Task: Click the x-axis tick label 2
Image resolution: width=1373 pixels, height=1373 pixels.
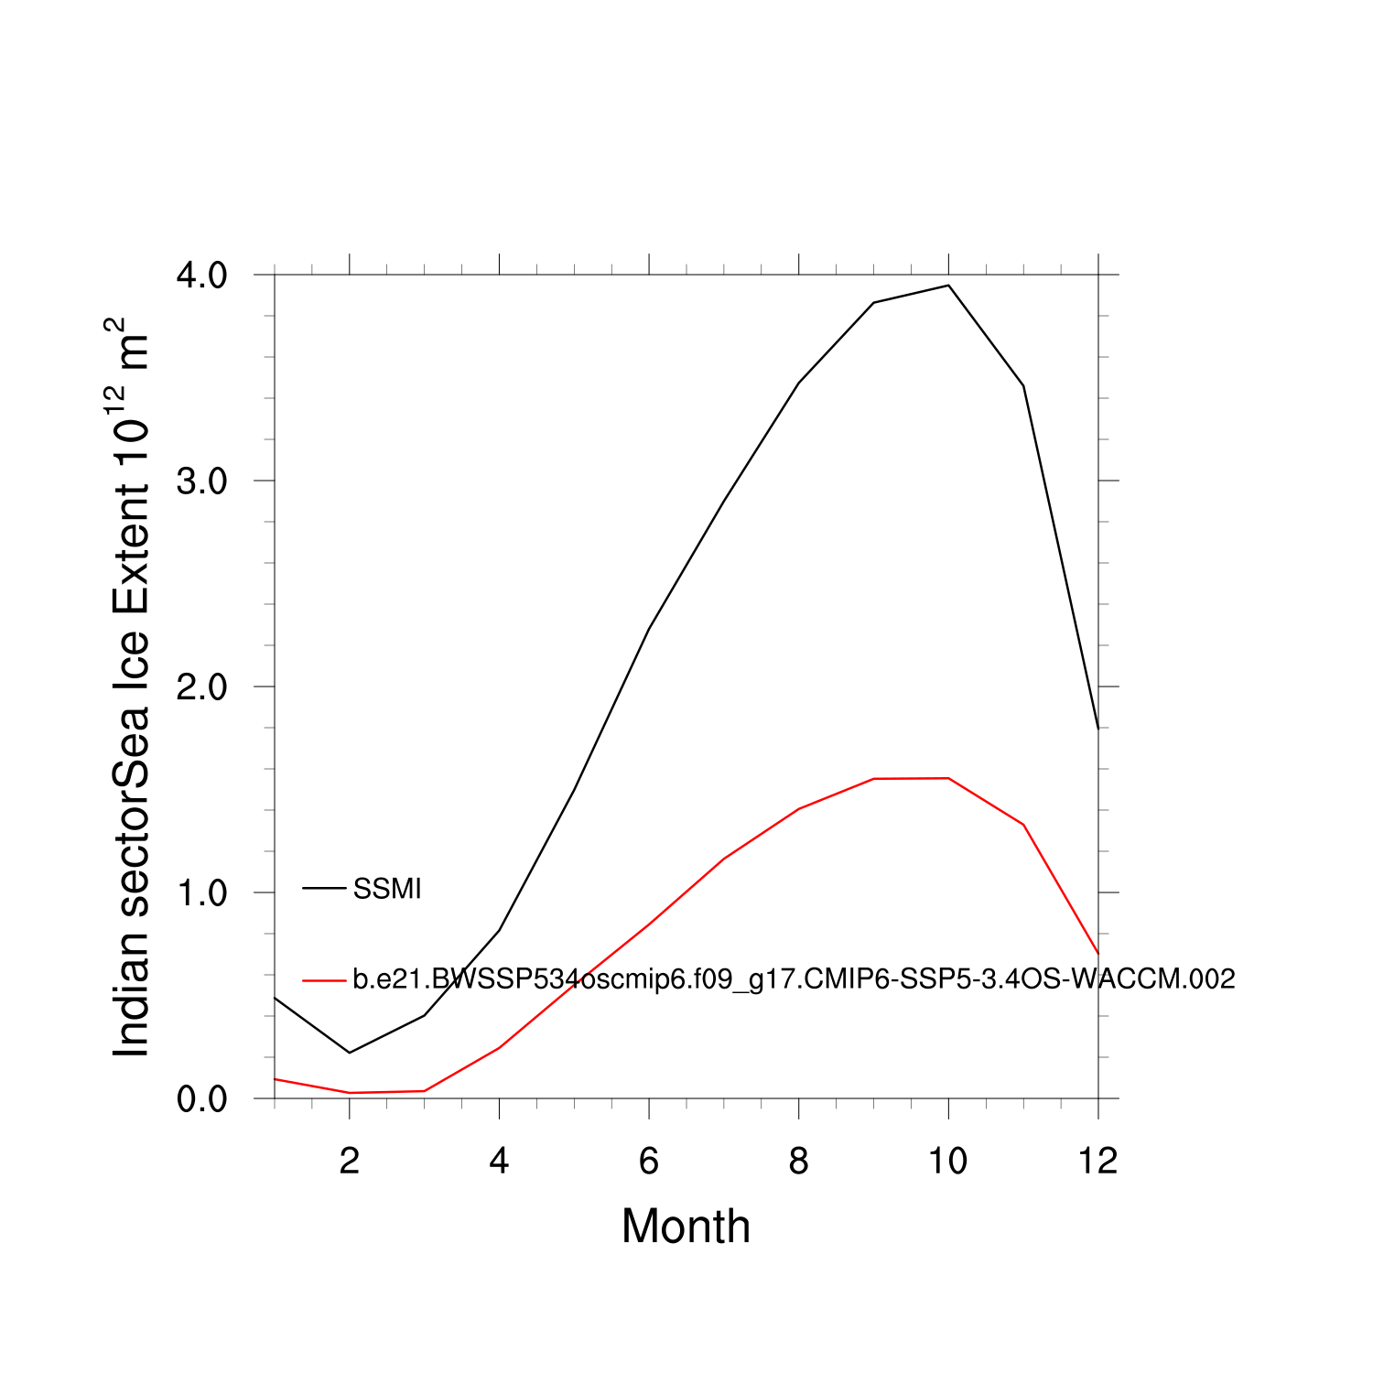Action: tap(349, 1161)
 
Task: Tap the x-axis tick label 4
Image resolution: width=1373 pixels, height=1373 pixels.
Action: tap(499, 1161)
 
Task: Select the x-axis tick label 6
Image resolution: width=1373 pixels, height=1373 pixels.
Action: tap(649, 1161)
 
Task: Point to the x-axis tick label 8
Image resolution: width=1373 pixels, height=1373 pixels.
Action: tap(799, 1161)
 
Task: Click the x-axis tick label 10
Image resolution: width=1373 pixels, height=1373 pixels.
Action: tap(948, 1161)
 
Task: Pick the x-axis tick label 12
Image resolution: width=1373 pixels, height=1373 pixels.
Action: tap(1097, 1161)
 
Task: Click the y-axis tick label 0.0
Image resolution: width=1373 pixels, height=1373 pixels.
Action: tap(202, 1098)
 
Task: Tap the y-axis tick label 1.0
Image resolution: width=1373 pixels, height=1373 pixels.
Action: tap(202, 892)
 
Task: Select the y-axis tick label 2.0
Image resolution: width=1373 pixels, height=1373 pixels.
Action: tap(202, 686)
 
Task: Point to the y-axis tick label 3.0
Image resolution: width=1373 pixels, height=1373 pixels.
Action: tap(202, 481)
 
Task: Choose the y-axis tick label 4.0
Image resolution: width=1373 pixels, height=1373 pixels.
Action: tap(202, 275)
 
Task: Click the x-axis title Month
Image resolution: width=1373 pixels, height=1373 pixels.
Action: tap(686, 1227)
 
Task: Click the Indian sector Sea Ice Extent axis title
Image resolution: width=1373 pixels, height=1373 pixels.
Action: tap(130, 686)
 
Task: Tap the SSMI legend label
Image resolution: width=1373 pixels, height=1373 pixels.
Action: tap(387, 889)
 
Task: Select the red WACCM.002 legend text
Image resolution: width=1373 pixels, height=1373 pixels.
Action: tap(794, 978)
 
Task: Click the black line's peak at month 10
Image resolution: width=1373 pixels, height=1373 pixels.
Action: tap(948, 286)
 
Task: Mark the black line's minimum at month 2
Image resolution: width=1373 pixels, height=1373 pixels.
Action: tap(350, 1053)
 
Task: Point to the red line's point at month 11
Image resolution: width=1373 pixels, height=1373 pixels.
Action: tap(1023, 825)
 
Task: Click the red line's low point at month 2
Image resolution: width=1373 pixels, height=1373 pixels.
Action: tap(350, 1093)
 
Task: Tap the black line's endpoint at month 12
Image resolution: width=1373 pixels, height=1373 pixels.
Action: tap(1097, 729)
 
